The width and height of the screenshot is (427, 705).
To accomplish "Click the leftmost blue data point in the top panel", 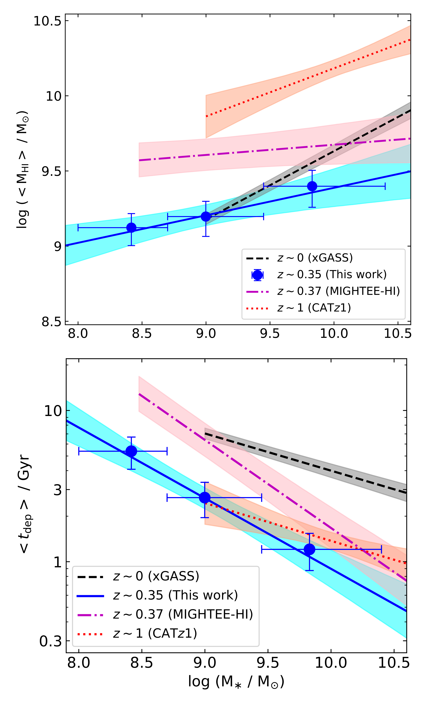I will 131,228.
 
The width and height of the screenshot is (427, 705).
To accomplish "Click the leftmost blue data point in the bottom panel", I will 131,451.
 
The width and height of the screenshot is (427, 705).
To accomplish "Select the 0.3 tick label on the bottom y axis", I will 51,641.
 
